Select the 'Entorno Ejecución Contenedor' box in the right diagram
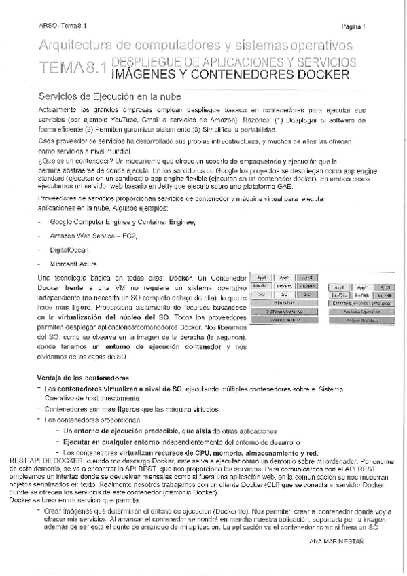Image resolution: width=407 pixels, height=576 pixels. pyautogui.click(x=361, y=303)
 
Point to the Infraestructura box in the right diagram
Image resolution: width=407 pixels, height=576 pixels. pyautogui.click(x=361, y=319)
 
